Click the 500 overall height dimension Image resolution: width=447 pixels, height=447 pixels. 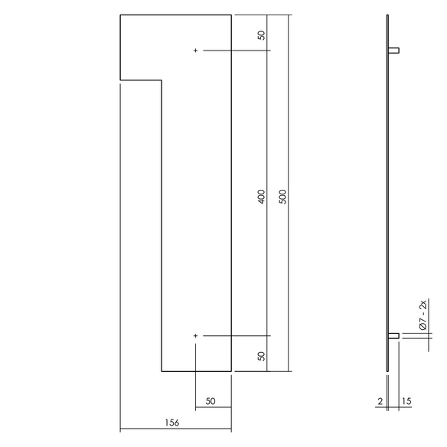282,197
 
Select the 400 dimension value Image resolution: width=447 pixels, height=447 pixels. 261,197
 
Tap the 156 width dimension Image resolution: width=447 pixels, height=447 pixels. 172,423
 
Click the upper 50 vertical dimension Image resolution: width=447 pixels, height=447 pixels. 261,35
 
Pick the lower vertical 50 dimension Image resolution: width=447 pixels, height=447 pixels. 261,356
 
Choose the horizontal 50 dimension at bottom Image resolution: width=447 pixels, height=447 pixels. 210,401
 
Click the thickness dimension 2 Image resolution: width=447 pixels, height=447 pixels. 380,401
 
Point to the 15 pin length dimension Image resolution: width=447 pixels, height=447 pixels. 406,401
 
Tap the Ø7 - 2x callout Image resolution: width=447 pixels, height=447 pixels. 423,315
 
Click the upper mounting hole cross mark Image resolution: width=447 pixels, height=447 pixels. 195,51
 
